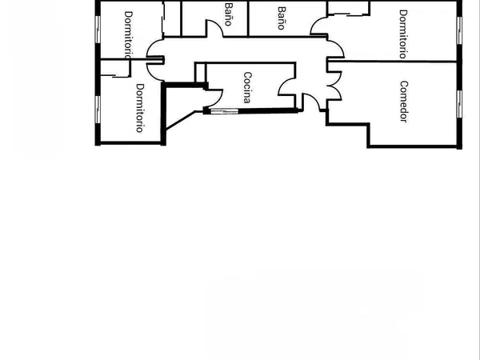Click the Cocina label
click(x=248, y=87)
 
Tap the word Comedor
click(x=404, y=102)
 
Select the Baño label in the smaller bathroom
click(x=228, y=14)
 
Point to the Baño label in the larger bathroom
click(x=282, y=18)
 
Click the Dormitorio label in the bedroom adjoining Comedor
click(x=403, y=34)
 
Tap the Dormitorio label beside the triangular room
click(x=139, y=108)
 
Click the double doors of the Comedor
click(x=334, y=86)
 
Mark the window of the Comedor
click(x=459, y=104)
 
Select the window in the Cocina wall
click(x=224, y=111)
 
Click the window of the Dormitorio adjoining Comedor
click(x=459, y=30)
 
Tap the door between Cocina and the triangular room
click(x=214, y=98)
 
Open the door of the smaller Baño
click(x=214, y=29)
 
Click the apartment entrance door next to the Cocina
click(x=312, y=102)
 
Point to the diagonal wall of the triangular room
click(x=180, y=120)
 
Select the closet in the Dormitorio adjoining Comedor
click(x=349, y=8)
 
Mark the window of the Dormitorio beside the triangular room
click(x=98, y=110)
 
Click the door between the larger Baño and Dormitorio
click(x=319, y=26)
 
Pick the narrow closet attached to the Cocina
click(x=201, y=73)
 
